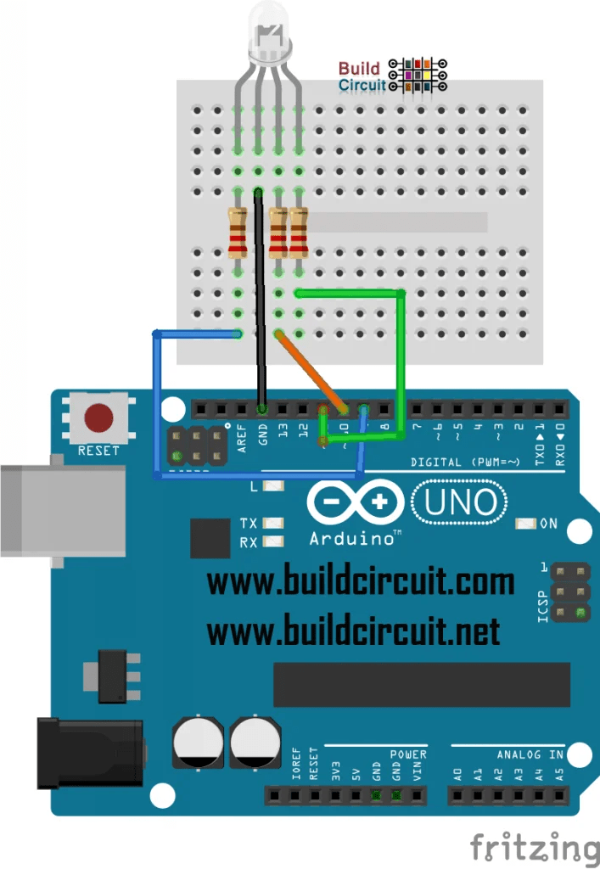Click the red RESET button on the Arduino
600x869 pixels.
tap(99, 417)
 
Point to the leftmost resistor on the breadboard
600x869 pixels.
tap(238, 232)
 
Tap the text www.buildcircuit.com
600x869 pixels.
tap(361, 583)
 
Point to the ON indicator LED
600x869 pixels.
tap(525, 524)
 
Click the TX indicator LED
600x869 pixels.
tap(272, 523)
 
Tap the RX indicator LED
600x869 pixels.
tap(272, 542)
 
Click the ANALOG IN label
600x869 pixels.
tap(530, 754)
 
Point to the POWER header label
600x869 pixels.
tap(408, 754)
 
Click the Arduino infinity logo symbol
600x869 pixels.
tap(356, 503)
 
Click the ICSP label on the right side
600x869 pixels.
tap(543, 608)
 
